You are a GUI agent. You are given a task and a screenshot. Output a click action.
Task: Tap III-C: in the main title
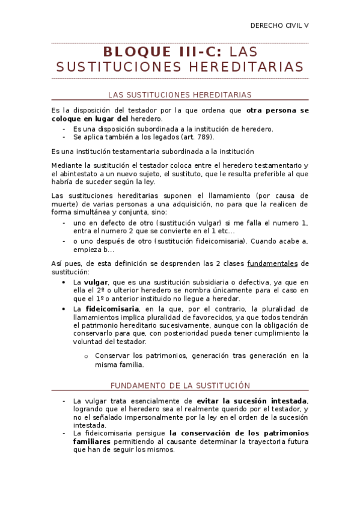click(x=196, y=52)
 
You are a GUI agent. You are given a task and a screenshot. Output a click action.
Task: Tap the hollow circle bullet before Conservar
click(x=87, y=355)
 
